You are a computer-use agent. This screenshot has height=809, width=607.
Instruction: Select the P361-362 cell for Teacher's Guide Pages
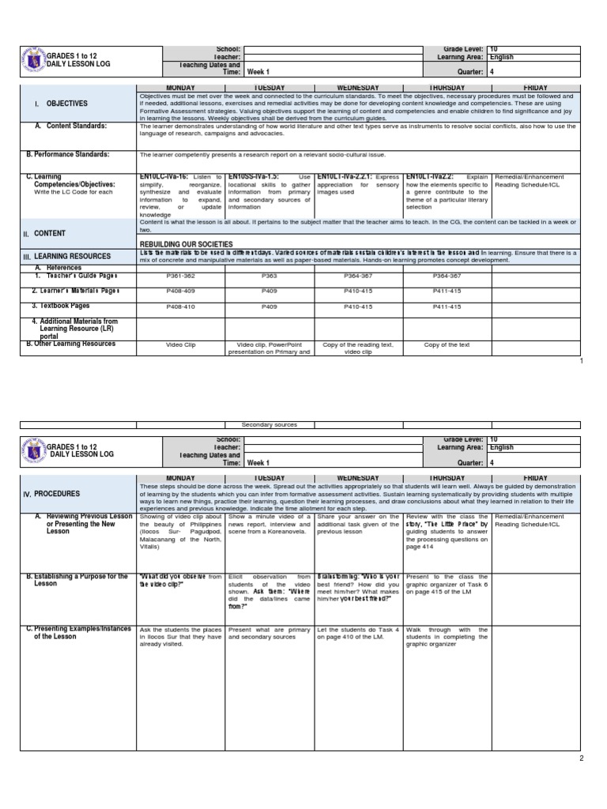[x=181, y=277]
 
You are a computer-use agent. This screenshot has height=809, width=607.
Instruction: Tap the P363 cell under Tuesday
[x=270, y=277]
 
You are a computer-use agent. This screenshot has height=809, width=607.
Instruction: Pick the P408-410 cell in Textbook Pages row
[x=181, y=307]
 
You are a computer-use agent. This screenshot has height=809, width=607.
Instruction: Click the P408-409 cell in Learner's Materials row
[x=181, y=292]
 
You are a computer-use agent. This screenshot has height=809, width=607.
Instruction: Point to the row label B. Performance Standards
[x=68, y=155]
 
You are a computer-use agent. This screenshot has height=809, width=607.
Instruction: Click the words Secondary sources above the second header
[x=270, y=425]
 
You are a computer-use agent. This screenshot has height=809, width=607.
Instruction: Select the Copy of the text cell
[x=447, y=345]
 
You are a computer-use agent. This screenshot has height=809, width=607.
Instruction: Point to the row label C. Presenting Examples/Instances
[x=76, y=633]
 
